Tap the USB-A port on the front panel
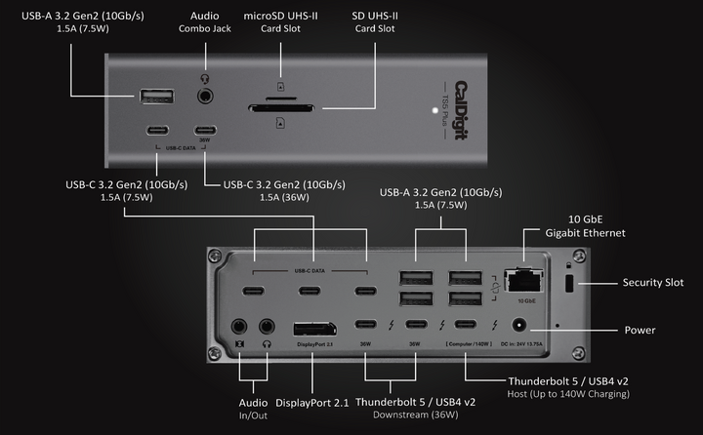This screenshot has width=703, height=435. [x=157, y=97]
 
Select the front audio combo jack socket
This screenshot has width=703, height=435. [x=205, y=97]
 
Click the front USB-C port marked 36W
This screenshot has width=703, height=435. [x=205, y=132]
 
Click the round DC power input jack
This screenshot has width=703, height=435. [x=518, y=329]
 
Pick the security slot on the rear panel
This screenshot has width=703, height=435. [x=571, y=282]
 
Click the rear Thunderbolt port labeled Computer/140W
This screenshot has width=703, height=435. [x=466, y=326]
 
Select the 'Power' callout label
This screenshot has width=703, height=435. [x=641, y=331]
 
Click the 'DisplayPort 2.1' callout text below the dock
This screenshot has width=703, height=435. [x=311, y=402]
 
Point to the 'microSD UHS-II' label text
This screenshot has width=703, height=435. [x=280, y=17]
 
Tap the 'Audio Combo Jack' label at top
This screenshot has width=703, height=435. [x=204, y=22]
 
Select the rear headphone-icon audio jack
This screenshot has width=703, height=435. [x=266, y=328]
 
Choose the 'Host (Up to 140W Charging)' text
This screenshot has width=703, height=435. [x=568, y=394]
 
